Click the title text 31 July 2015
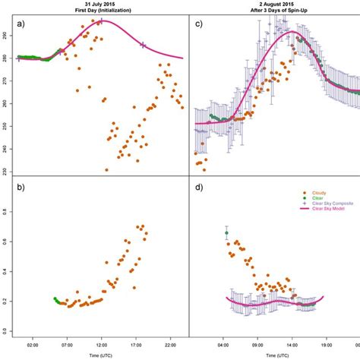(94, 4)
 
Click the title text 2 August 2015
(274, 4)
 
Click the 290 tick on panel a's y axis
(6, 36)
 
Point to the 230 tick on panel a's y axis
(6, 171)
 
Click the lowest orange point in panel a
(106, 170)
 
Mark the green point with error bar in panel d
(226, 234)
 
